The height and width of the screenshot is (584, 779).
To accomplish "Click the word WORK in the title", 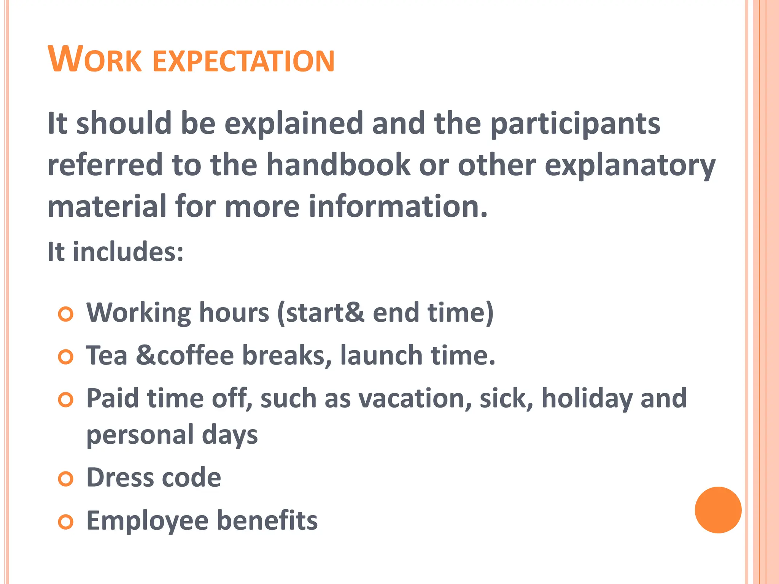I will click(x=95, y=60).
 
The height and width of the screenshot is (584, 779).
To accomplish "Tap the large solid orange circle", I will click(x=718, y=510).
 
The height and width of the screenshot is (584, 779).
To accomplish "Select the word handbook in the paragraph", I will click(x=338, y=165).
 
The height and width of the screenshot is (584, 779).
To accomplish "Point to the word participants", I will click(x=576, y=124).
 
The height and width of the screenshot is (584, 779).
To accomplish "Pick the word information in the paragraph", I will click(x=397, y=206).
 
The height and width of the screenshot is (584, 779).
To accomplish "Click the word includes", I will click(x=128, y=252).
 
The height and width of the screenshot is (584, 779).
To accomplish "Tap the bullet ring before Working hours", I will click(x=66, y=314).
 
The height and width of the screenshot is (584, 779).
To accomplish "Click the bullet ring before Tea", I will click(x=66, y=357).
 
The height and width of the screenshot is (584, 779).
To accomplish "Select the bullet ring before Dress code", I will click(x=66, y=479).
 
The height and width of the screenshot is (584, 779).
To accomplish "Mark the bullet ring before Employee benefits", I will click(x=66, y=522).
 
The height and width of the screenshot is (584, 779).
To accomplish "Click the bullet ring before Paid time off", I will click(x=66, y=400).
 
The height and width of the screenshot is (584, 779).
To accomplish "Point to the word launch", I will click(x=381, y=355).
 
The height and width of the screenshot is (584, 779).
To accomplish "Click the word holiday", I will click(x=587, y=398).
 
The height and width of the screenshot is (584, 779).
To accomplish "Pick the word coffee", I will click(x=195, y=355).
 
